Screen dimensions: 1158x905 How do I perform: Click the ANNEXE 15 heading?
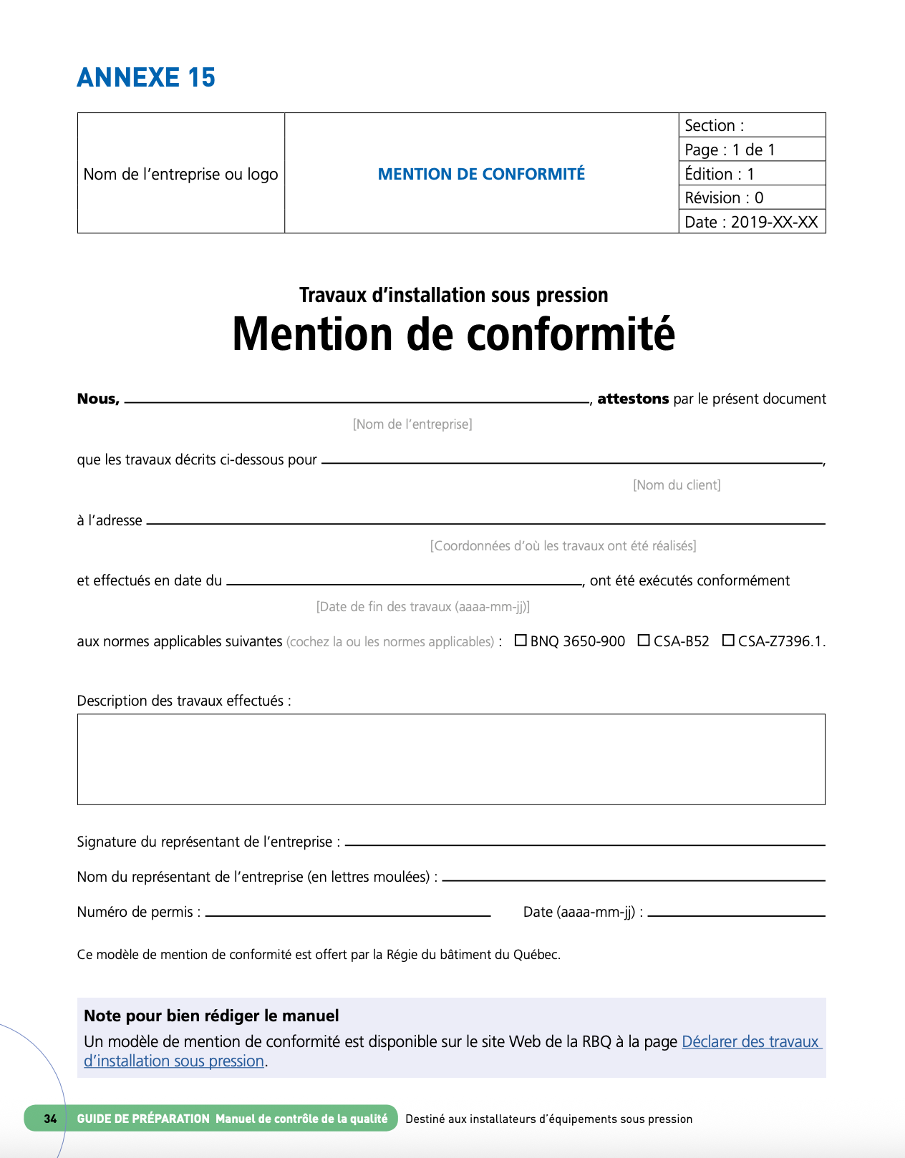click(x=146, y=77)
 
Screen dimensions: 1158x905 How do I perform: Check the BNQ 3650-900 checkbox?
click(x=521, y=641)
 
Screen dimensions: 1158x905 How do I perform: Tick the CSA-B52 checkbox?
click(x=644, y=641)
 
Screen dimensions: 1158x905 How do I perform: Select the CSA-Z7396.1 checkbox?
click(x=728, y=641)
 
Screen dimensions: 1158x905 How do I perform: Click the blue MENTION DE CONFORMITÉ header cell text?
click(x=481, y=174)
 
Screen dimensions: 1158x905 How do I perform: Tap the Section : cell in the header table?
click(x=752, y=125)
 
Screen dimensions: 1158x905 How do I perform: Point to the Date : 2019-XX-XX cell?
click(x=751, y=222)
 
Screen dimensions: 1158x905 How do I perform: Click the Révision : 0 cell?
click(x=752, y=198)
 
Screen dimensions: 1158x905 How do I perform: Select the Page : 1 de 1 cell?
click(x=752, y=150)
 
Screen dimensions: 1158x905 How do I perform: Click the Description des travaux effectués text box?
click(x=451, y=759)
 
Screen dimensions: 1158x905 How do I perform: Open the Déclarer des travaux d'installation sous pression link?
click(x=750, y=1042)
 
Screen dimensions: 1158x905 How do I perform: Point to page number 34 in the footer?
click(x=50, y=1119)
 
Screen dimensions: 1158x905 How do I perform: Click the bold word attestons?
click(x=633, y=399)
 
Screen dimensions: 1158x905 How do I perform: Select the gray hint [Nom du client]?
click(x=677, y=485)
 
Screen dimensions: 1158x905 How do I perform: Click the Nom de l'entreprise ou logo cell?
click(x=180, y=174)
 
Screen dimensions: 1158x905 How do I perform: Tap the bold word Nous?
click(x=97, y=399)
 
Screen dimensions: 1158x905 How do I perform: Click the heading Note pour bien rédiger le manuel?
click(x=211, y=1016)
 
